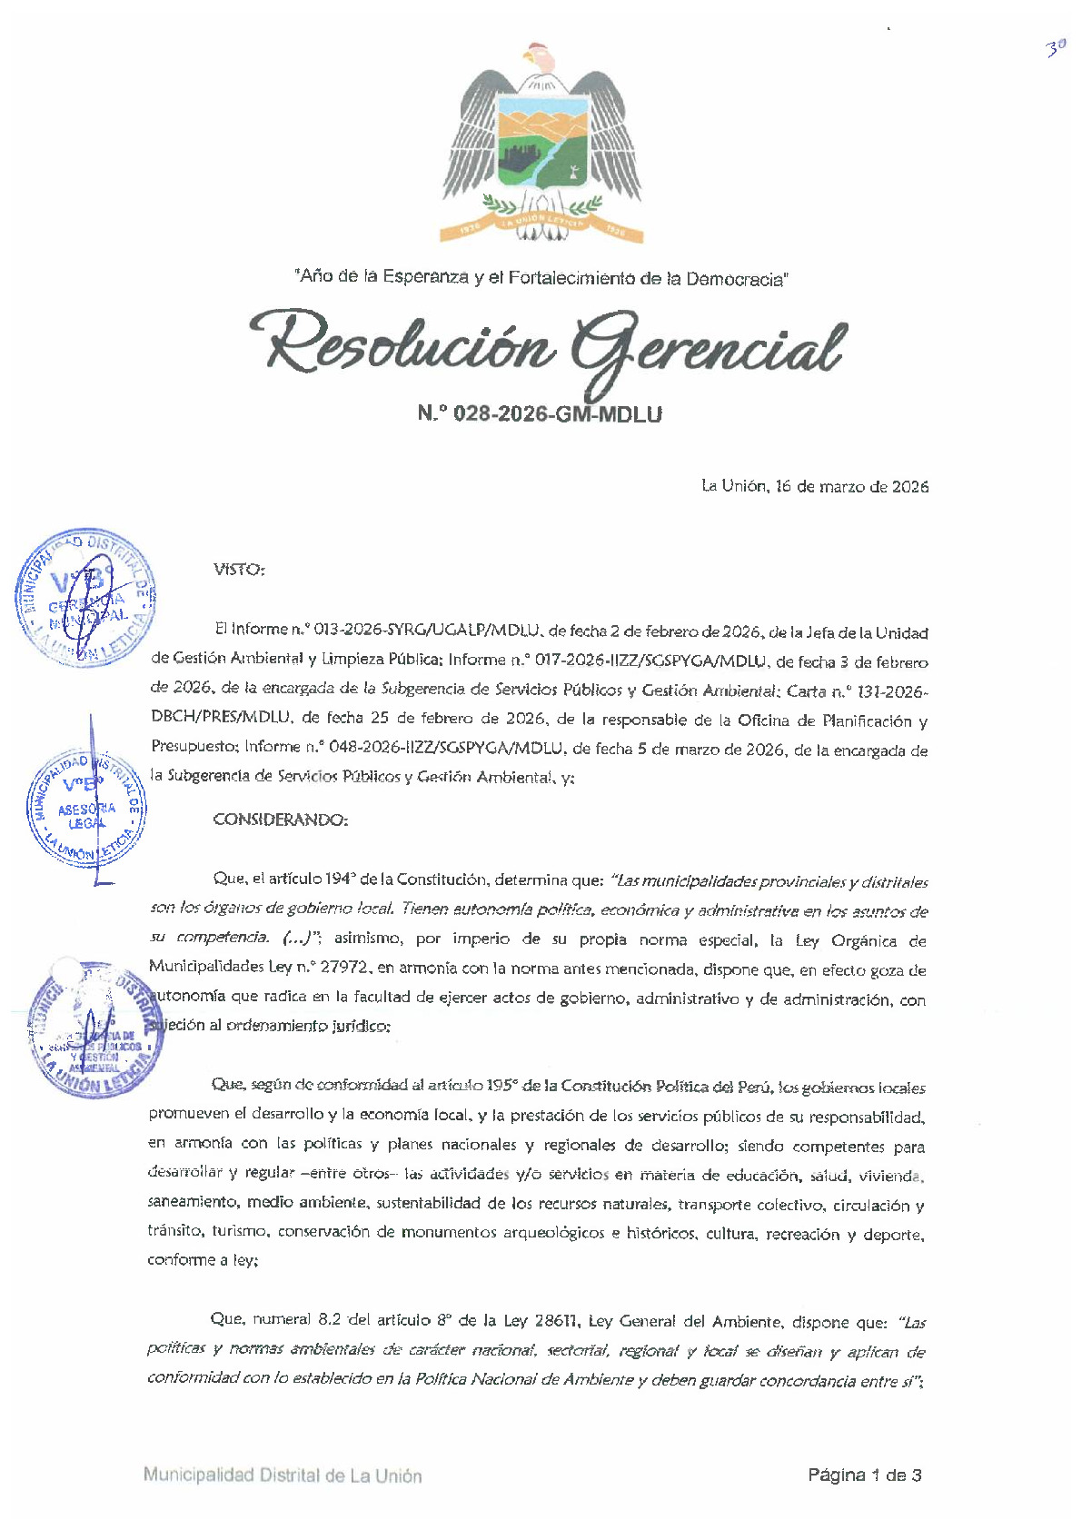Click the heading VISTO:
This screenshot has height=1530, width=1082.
coord(239,570)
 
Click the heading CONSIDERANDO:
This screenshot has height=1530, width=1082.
coord(280,820)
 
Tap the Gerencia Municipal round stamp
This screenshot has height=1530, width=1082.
coord(85,596)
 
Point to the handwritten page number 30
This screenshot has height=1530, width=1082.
coord(1054,49)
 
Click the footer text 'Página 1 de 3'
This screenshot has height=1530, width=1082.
coord(864,1475)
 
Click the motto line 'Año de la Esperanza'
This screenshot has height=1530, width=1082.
coord(541,277)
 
